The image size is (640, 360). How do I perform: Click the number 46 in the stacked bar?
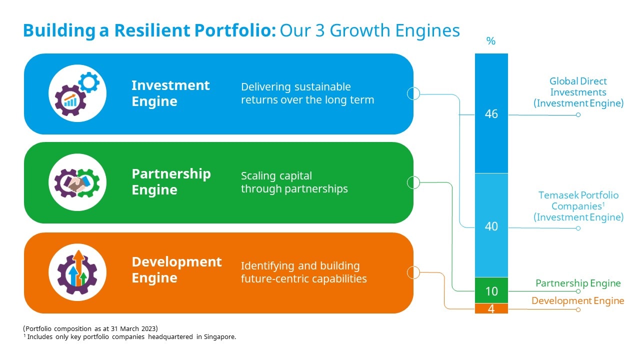491,113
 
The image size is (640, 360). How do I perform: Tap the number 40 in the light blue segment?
491,226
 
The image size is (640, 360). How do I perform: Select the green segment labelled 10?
491,290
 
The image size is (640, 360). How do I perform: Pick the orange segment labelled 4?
491,308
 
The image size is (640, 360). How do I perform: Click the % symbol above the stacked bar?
491,41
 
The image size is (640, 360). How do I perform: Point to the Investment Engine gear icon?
77,93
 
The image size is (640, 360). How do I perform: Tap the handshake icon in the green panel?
77,182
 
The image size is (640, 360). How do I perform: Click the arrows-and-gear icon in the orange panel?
77,272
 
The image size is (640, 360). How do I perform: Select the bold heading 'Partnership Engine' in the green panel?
171,181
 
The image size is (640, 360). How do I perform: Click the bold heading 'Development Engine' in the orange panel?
176,269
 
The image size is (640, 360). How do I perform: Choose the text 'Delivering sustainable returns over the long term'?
307,93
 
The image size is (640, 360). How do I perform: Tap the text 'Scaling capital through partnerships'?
294,182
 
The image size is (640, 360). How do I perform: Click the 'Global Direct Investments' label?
578,86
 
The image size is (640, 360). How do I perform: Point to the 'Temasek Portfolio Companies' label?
578,200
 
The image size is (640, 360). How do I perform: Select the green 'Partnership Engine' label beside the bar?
578,283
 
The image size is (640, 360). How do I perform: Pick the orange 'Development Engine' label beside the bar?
577,300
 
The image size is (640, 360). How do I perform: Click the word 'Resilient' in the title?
152,30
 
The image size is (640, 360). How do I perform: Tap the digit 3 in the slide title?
320,30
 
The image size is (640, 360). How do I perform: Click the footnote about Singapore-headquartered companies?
129,337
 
